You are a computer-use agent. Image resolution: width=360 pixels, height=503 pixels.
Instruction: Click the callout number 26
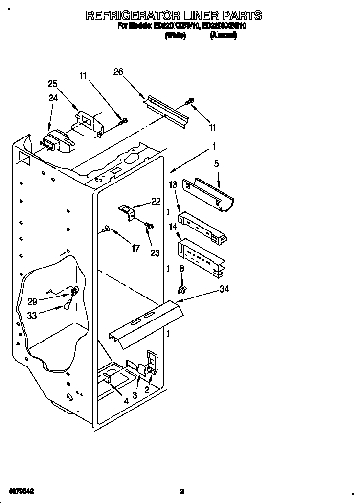(x=118, y=71)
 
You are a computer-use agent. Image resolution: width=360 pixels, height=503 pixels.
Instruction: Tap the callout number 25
(x=52, y=84)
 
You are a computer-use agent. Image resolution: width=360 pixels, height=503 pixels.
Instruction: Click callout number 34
(x=224, y=289)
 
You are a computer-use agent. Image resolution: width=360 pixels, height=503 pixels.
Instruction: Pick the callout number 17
(x=135, y=248)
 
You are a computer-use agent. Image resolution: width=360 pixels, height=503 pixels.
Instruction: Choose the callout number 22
(x=156, y=201)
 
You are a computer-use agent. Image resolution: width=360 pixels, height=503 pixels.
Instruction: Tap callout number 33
(x=32, y=316)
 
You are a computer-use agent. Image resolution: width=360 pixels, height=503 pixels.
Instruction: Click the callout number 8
(x=182, y=268)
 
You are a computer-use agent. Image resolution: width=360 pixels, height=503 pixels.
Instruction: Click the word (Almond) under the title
(x=223, y=36)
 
